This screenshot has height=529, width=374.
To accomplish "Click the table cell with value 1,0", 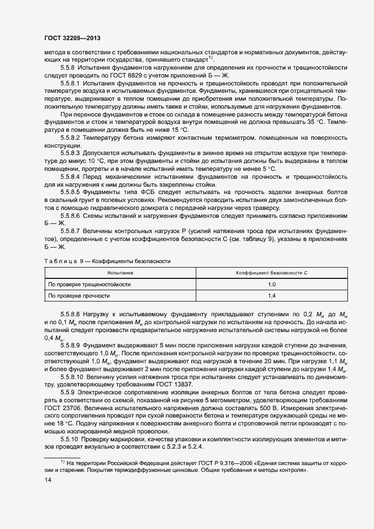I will (271, 284).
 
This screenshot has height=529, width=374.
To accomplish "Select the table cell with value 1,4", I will (271, 295).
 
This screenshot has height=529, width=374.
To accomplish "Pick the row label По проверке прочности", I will (79, 295).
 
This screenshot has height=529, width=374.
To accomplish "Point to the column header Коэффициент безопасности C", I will (271, 273).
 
